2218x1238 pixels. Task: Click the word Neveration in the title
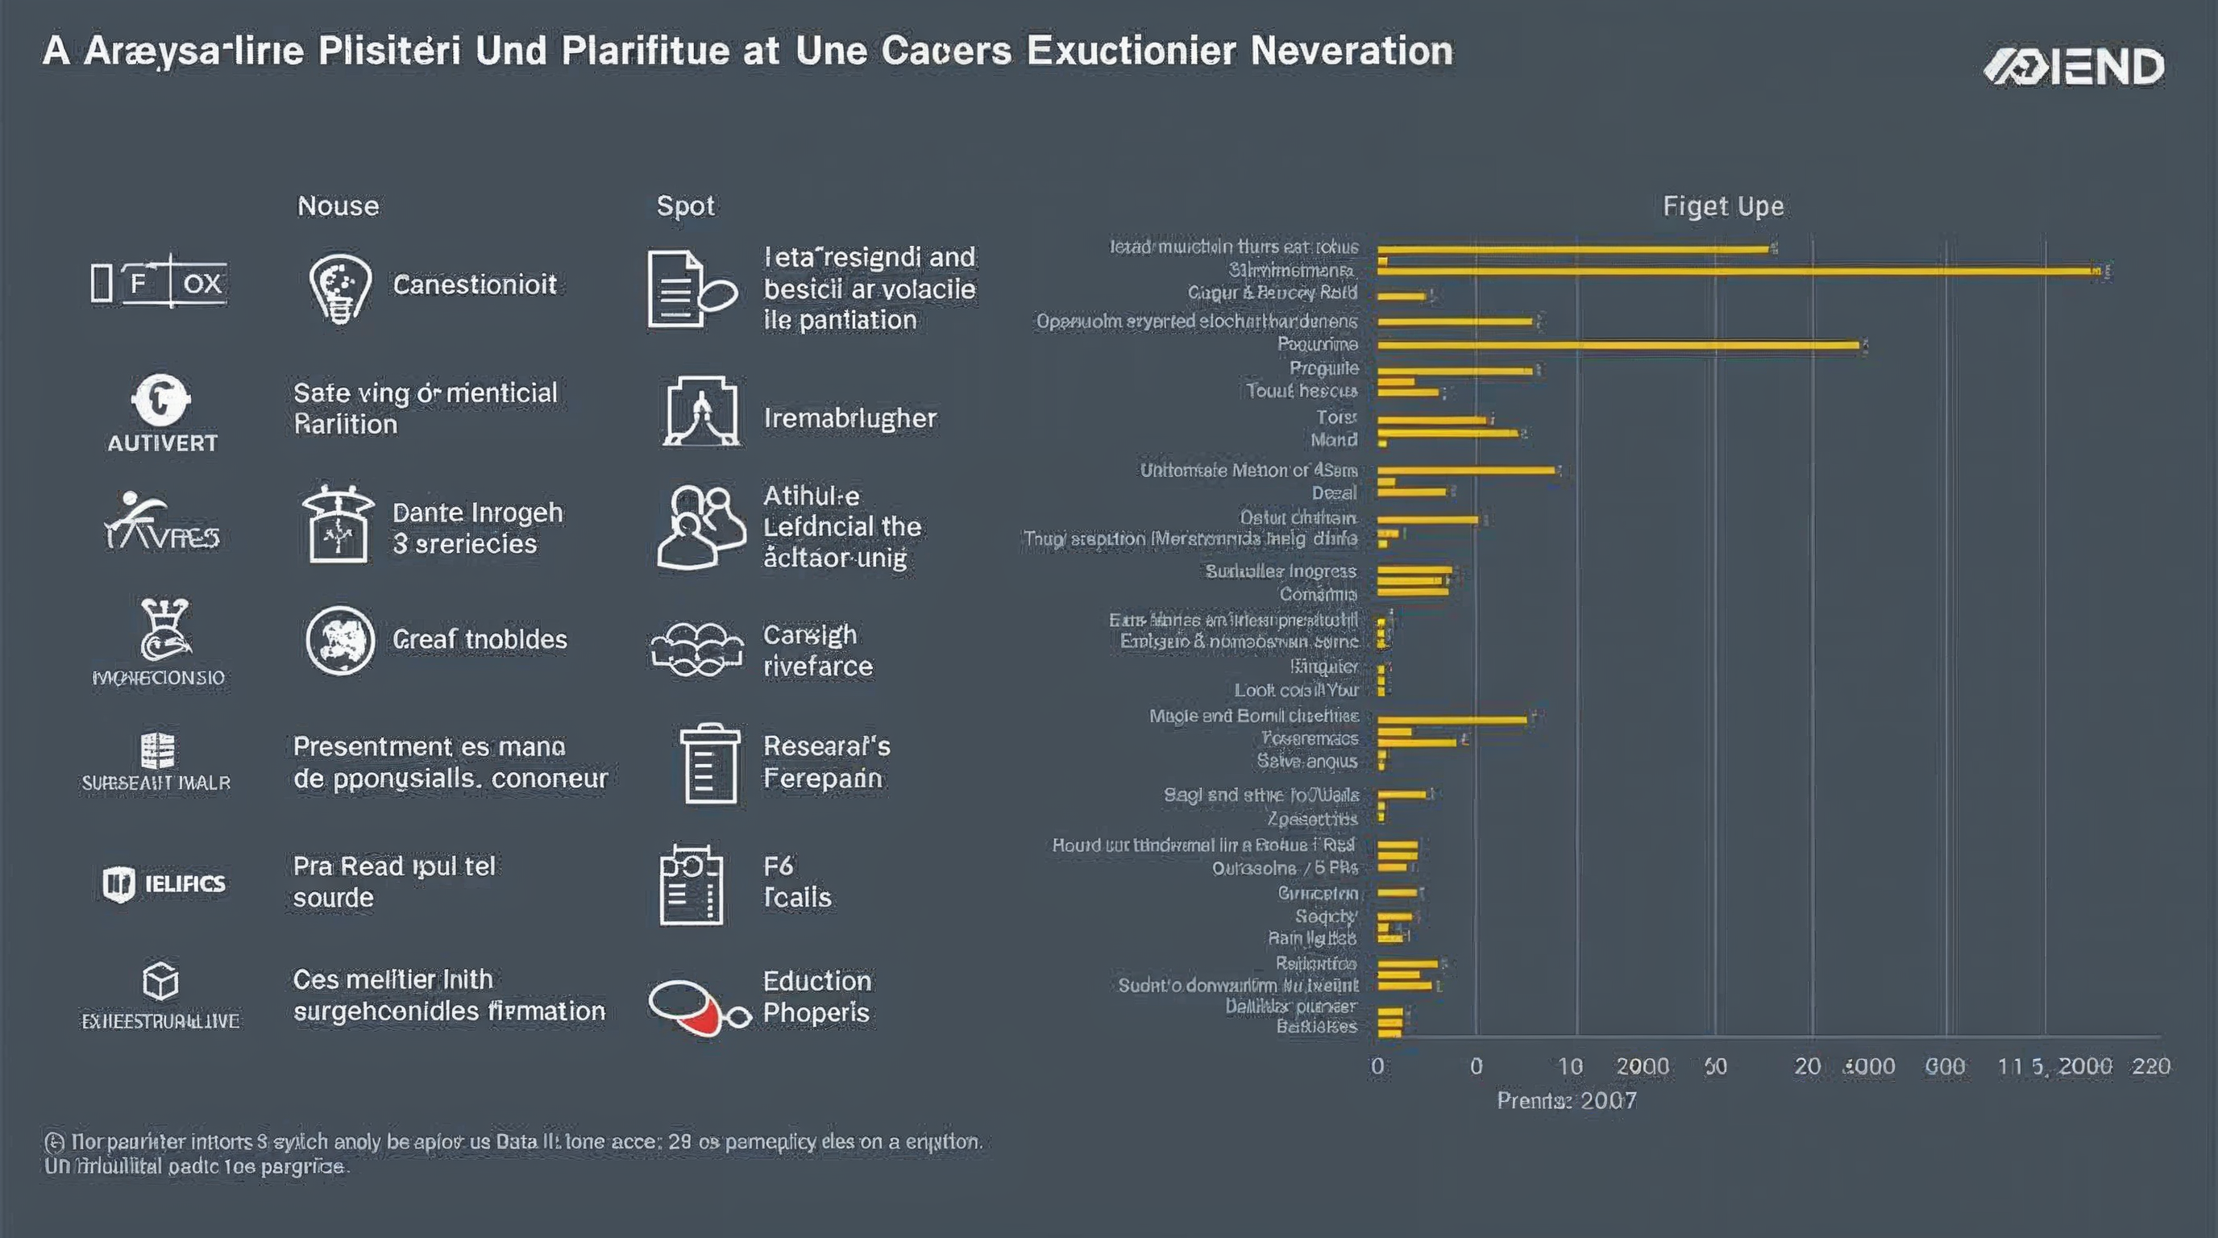1351,51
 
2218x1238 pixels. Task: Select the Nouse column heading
338,206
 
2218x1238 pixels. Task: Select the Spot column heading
685,206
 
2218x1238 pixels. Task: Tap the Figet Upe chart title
1723,206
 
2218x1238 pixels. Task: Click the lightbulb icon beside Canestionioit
340,287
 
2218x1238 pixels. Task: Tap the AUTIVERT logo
161,413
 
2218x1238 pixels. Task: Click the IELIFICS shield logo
163,883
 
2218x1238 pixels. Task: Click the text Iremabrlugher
849,418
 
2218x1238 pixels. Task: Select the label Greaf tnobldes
480,639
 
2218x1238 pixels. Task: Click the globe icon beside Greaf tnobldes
340,641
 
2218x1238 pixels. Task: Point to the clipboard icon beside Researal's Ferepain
710,763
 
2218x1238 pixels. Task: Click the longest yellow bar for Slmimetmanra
1735,271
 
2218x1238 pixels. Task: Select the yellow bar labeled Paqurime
1618,345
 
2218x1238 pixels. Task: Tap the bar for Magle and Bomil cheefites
1452,719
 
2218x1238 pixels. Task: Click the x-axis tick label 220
2150,1066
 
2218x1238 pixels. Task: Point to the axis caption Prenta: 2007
1566,1100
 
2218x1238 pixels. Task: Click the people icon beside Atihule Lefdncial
700,527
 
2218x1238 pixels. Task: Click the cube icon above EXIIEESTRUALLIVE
160,981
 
